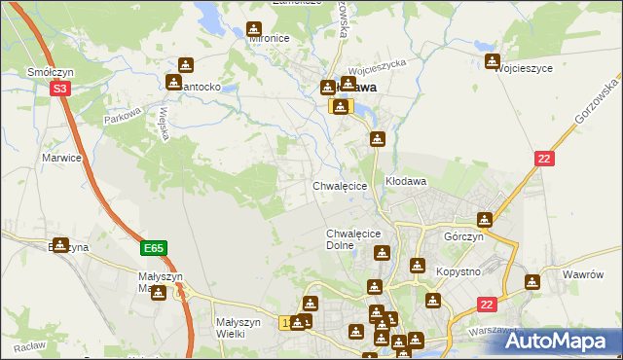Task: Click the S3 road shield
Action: click(60, 88)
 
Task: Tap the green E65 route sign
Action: click(153, 248)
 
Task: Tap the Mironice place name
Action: click(270, 39)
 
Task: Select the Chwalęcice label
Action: click(340, 185)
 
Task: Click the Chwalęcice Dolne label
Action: click(352, 239)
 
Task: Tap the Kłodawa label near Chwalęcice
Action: click(406, 182)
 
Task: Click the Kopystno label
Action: click(460, 271)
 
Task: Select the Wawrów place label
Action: click(583, 274)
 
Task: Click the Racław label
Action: click(30, 345)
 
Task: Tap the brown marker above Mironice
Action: click(254, 30)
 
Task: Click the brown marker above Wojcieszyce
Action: click(494, 62)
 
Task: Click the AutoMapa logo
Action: click(566, 341)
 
